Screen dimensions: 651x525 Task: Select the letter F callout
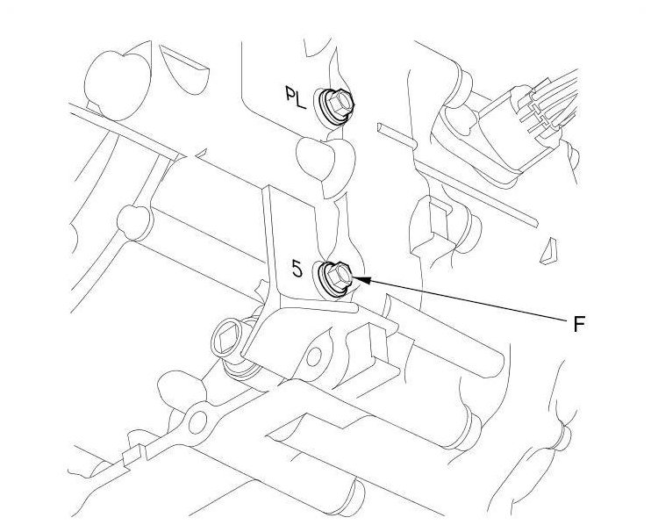(x=578, y=323)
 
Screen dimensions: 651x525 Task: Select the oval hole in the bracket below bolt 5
(x=313, y=357)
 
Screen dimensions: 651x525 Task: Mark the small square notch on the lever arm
(x=132, y=456)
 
